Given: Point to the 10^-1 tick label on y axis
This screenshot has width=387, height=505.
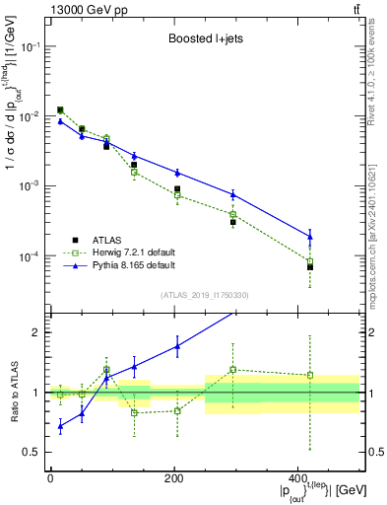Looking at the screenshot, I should pyautogui.click(x=30, y=47).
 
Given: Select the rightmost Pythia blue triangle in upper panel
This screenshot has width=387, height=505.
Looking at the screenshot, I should pyautogui.click(x=310, y=236).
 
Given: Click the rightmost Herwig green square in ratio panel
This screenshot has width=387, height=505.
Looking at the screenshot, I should pyautogui.click(x=310, y=375).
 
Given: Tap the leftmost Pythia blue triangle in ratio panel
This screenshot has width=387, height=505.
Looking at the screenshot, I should pyautogui.click(x=60, y=426).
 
